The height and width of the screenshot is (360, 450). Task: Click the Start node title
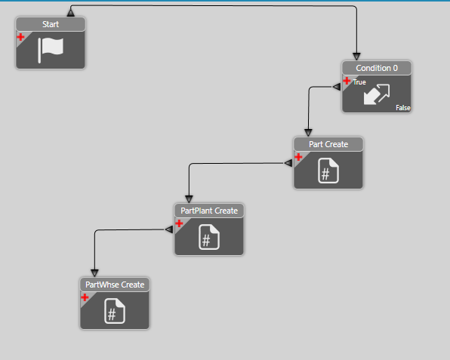click(x=51, y=24)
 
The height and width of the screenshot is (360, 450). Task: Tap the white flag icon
click(x=51, y=50)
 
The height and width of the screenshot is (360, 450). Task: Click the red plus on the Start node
click(x=20, y=37)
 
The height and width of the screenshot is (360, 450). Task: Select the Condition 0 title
click(x=377, y=68)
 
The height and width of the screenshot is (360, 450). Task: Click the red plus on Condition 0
click(x=347, y=81)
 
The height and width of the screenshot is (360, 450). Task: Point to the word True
click(x=359, y=82)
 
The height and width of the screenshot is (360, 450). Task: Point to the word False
click(x=403, y=108)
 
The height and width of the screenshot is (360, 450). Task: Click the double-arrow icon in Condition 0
click(x=377, y=94)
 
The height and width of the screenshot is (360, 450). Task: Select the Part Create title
click(x=328, y=144)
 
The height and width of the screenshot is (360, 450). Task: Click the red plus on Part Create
click(x=298, y=157)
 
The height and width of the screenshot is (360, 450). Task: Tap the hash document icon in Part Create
click(x=328, y=171)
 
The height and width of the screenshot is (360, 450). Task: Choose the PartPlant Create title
click(x=209, y=211)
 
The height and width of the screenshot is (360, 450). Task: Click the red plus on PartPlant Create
click(x=179, y=223)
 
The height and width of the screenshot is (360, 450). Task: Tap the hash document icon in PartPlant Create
click(x=209, y=237)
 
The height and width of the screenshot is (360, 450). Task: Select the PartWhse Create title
click(x=115, y=285)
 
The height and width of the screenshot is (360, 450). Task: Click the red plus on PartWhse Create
click(x=85, y=297)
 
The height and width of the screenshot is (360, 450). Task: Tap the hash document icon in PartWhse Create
click(x=115, y=311)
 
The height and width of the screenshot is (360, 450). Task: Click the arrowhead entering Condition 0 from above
click(x=356, y=56)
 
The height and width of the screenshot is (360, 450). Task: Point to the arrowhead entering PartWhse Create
click(x=94, y=272)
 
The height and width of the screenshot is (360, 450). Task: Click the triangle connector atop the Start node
click(x=71, y=13)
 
